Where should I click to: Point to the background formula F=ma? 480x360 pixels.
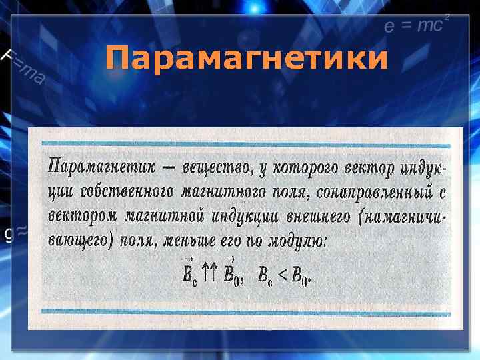[24, 67]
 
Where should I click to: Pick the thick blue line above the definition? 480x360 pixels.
[246, 143]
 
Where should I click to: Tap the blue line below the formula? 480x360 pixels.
[246, 311]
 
